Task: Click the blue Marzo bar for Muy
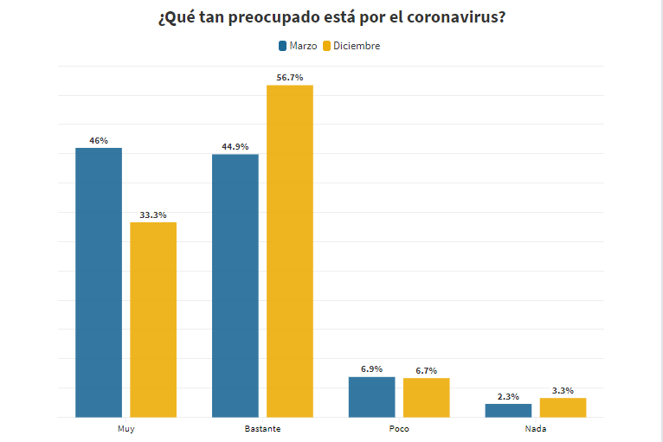pos(99,282)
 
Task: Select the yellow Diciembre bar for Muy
pos(153,319)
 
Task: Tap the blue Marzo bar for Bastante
pos(235,285)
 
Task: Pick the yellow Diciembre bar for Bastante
pos(289,251)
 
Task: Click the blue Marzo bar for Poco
pos(371,397)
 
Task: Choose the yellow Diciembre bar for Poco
pos(426,397)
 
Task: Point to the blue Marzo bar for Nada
pos(508,410)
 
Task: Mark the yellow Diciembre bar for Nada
pos(563,407)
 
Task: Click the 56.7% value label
pos(289,78)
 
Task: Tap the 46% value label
pos(99,140)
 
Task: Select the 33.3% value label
pos(153,215)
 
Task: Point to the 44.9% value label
pos(235,146)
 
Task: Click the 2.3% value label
pos(508,396)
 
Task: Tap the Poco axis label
pos(399,429)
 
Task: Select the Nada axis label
pos(535,429)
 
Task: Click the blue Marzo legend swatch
pos(282,46)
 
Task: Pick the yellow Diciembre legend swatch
pos(327,46)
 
